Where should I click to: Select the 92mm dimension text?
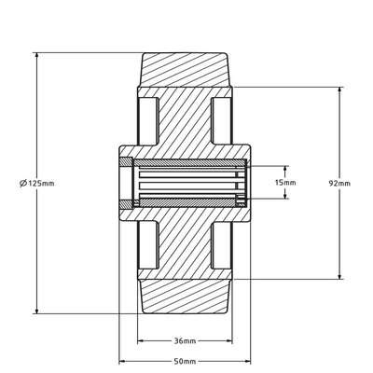coord(341,184)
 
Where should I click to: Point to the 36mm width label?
coord(185,340)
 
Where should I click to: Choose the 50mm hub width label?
coord(185,361)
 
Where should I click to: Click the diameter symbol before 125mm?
coord(21,184)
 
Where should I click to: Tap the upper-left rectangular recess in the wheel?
coord(147,118)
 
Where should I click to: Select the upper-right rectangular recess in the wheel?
coord(222,118)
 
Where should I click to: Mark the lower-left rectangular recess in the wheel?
coord(147,249)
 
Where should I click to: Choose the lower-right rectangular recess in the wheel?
coord(222,249)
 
